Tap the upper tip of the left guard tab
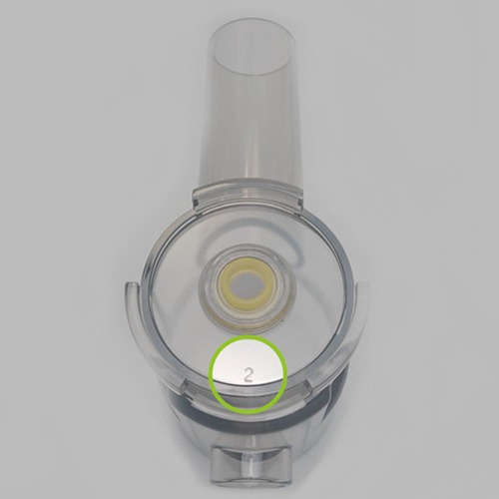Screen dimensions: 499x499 point(128,286)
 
